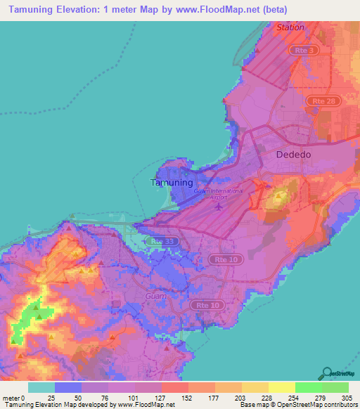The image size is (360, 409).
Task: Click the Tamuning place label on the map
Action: (172, 182)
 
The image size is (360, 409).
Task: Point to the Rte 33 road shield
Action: (164, 241)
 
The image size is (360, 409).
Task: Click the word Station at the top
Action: (290, 27)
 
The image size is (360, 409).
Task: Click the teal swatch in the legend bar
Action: (41, 387)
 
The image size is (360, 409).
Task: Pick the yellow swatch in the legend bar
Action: (281, 387)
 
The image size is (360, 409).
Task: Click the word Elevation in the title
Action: (80, 9)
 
